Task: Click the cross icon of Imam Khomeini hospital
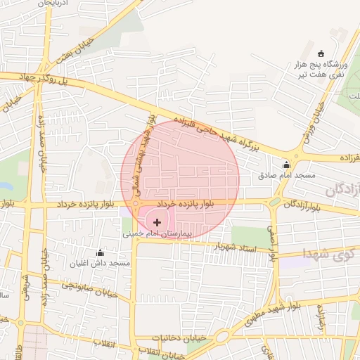click(x=156, y=222)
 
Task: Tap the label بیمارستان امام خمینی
click(x=156, y=232)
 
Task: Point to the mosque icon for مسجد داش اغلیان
click(x=100, y=253)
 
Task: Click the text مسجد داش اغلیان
click(x=100, y=263)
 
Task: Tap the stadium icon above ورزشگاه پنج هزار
click(x=321, y=53)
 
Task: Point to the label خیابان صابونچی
click(x=83, y=285)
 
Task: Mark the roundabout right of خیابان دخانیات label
click(x=222, y=337)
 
